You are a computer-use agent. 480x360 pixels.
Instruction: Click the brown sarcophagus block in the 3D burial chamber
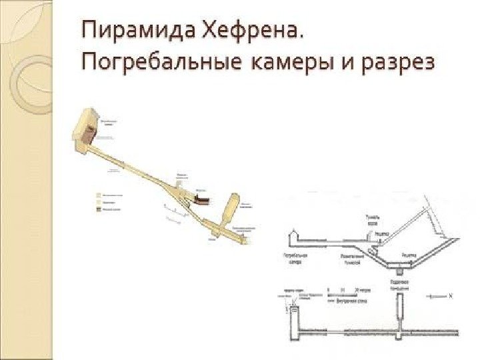click(x=86, y=132)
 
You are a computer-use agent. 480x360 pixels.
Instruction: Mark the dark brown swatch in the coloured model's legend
click(x=99, y=209)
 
